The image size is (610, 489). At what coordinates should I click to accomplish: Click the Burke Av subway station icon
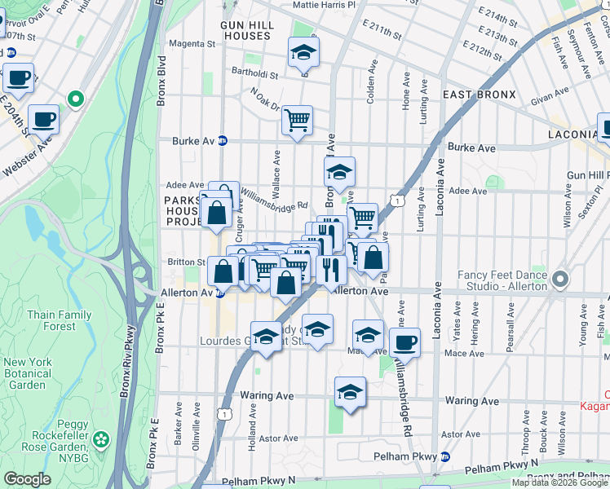[222, 141]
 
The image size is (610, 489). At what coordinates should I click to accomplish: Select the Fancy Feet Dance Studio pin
[559, 280]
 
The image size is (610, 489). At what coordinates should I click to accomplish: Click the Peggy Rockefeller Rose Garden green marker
[101, 440]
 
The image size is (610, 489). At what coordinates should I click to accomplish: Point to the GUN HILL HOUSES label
[245, 31]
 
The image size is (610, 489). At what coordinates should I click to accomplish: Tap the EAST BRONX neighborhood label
[480, 95]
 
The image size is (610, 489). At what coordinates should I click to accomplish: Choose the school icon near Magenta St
[303, 53]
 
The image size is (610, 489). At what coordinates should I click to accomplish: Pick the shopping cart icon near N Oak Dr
[298, 120]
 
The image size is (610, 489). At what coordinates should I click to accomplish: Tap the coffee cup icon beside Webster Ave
[43, 119]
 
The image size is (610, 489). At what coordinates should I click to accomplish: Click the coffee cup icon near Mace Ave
[404, 343]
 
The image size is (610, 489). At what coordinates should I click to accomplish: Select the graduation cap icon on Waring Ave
[350, 392]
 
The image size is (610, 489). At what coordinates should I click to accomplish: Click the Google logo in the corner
[28, 479]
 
